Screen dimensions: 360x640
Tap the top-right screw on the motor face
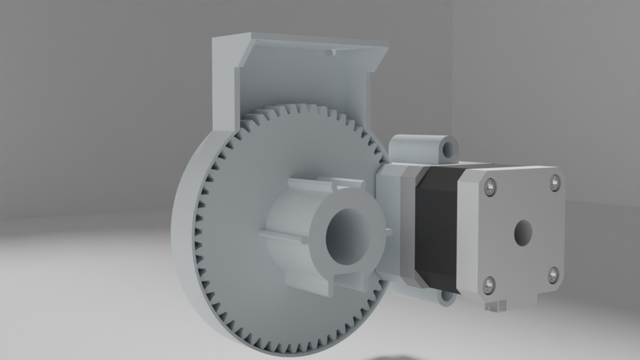point(555,182)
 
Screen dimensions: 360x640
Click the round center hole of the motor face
point(523,232)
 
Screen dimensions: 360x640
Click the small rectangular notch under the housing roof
point(329,51)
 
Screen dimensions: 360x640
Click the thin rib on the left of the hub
point(280,235)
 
